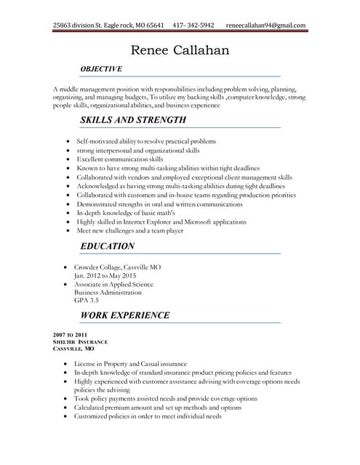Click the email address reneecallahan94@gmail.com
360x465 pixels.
pyautogui.click(x=265, y=25)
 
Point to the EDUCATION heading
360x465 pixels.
pyautogui.click(x=107, y=246)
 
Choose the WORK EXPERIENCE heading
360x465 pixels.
pyautogui.click(x=124, y=315)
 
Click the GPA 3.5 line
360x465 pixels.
pyautogui.click(x=86, y=299)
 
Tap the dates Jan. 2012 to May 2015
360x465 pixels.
pyautogui.click(x=105, y=275)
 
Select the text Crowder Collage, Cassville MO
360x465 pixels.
pyautogui.click(x=117, y=267)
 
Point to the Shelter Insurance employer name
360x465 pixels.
pyautogui.click(x=81, y=341)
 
